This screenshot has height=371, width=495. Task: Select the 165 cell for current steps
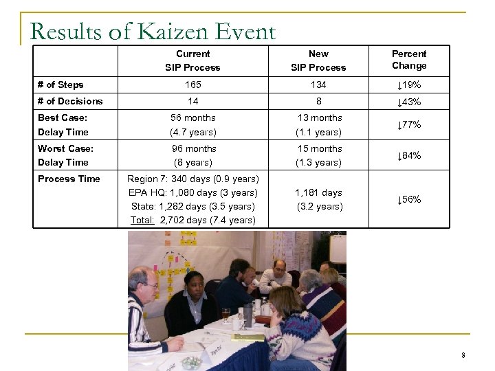(x=192, y=85)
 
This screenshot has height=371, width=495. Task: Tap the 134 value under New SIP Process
(x=318, y=85)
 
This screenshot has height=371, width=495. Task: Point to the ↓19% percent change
(x=409, y=85)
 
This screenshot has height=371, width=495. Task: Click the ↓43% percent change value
(x=409, y=102)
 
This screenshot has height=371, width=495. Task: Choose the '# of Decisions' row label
(x=70, y=101)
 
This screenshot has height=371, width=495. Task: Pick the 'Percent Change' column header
(x=409, y=60)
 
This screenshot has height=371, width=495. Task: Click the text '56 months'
(x=194, y=117)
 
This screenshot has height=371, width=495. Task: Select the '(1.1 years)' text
(x=318, y=132)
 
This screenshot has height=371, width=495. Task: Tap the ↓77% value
(x=409, y=125)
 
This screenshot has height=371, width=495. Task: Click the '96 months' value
(x=194, y=148)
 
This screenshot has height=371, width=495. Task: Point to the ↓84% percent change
(x=409, y=155)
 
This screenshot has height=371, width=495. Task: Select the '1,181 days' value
(x=318, y=192)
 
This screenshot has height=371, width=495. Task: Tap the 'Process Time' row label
(x=69, y=179)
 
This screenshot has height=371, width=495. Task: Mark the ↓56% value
(x=409, y=199)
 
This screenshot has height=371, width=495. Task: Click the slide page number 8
(x=464, y=355)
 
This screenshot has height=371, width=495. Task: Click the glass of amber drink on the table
(x=225, y=314)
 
